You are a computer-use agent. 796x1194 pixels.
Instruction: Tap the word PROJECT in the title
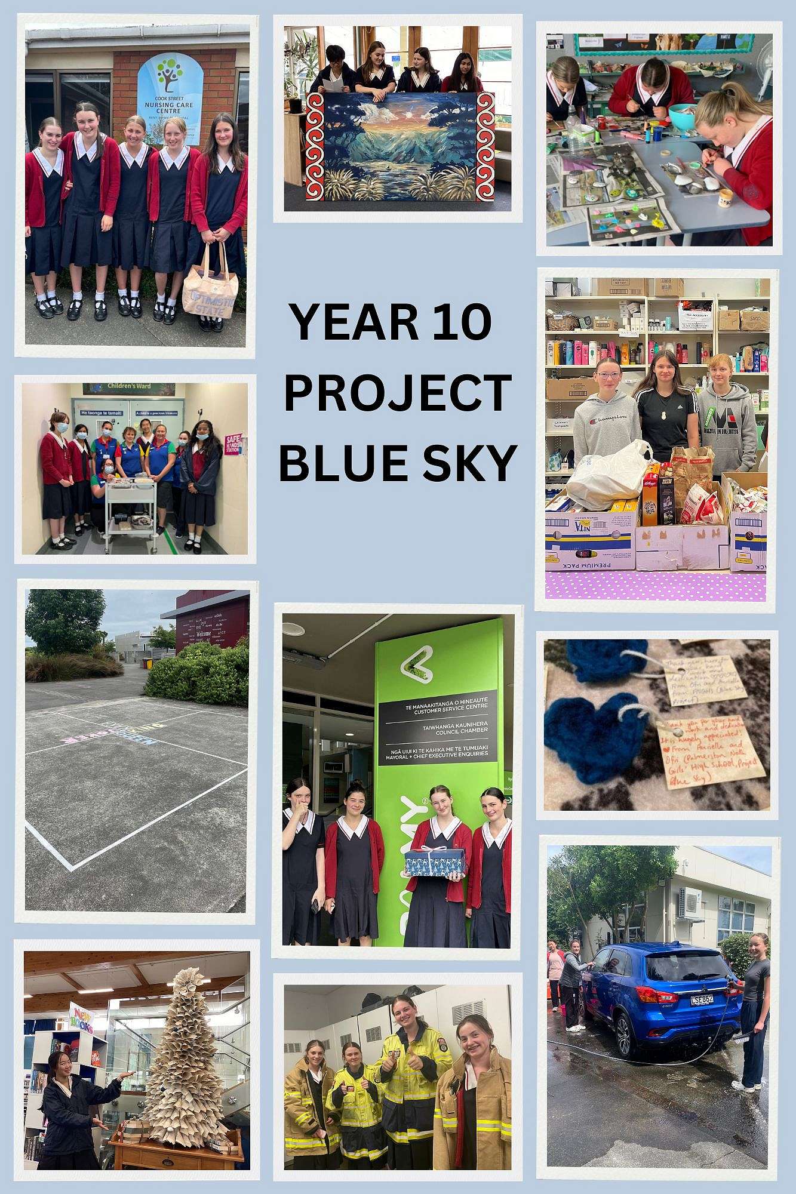click(x=397, y=392)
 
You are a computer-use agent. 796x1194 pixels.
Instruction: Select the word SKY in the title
click(x=465, y=463)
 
